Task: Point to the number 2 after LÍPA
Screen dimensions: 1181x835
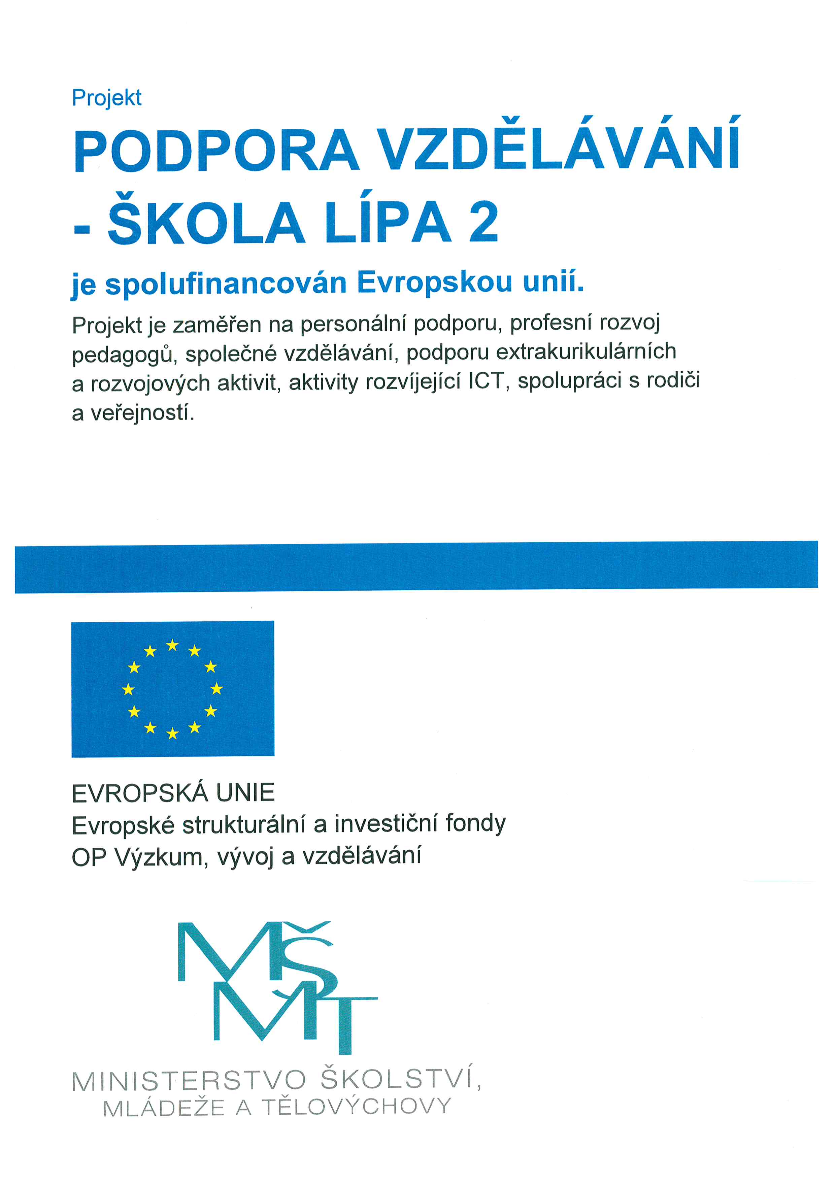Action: [483, 222]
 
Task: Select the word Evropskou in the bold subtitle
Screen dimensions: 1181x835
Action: [434, 283]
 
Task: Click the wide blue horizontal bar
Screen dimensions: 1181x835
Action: [416, 567]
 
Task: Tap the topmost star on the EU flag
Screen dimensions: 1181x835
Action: [172, 645]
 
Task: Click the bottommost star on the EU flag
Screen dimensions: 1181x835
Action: [173, 733]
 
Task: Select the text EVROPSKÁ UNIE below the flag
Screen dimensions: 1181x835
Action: [173, 793]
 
